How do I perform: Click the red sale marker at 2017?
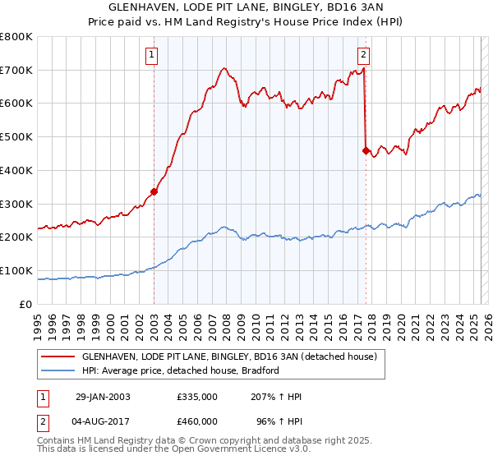(x=366, y=150)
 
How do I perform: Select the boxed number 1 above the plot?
(x=154, y=56)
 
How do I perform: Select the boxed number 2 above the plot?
(x=363, y=56)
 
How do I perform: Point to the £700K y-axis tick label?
(x=16, y=70)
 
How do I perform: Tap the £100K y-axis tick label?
(x=16, y=270)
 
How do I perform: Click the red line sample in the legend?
(x=58, y=356)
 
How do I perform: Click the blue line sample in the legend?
(x=58, y=370)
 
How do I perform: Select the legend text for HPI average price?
(x=181, y=370)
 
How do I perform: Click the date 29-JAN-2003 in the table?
(x=103, y=397)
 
